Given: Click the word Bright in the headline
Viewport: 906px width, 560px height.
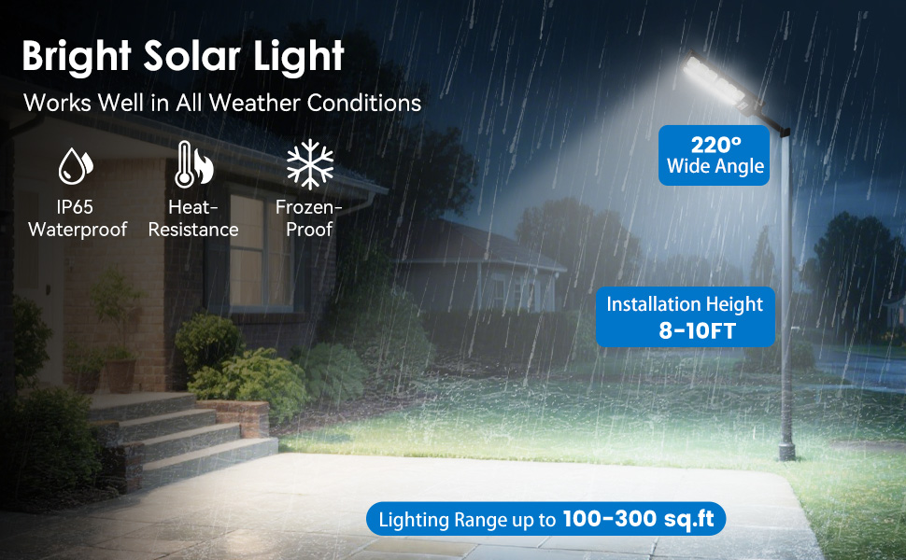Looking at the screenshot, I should [x=78, y=56].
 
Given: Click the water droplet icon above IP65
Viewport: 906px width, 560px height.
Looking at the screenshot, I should [x=76, y=165].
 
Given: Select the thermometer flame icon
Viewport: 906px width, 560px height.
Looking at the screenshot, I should [x=193, y=164].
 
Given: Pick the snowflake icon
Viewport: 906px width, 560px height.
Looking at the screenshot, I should [x=309, y=164].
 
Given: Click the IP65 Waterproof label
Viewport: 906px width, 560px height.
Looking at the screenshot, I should [x=77, y=217].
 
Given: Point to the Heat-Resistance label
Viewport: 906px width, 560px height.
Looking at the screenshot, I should [x=193, y=217].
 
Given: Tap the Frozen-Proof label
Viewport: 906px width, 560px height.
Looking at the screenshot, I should [x=309, y=217].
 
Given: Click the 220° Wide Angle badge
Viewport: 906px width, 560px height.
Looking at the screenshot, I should [x=715, y=156].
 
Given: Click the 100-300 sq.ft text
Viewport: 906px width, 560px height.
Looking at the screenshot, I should [x=642, y=519].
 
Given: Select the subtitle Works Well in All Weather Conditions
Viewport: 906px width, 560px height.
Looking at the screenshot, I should [x=222, y=103].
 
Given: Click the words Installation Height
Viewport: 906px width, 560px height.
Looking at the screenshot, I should [x=685, y=304].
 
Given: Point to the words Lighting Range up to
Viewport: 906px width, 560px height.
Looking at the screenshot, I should [x=466, y=520].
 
